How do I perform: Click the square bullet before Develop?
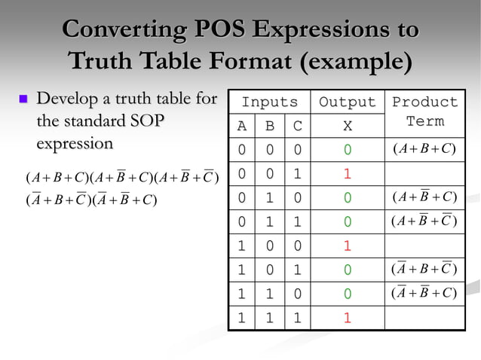click(x=23, y=99)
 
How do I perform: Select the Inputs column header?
click(x=269, y=102)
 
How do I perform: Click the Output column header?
click(x=347, y=102)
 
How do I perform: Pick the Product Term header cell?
click(x=424, y=111)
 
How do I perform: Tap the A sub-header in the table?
click(x=241, y=127)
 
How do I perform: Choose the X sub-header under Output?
click(x=347, y=127)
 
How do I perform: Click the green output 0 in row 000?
click(x=347, y=150)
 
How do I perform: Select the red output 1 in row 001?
click(x=347, y=173)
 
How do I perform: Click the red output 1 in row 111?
click(x=347, y=318)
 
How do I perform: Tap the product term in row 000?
click(x=424, y=149)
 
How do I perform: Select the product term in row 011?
click(x=424, y=221)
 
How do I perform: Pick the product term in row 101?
click(x=424, y=270)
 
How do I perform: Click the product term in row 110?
click(x=424, y=294)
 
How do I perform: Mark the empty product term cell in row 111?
click(x=424, y=318)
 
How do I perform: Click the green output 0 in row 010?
click(x=347, y=197)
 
